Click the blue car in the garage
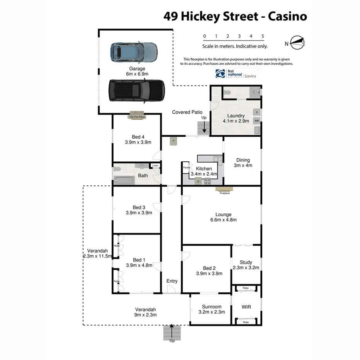(x=134, y=52)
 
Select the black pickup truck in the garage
(x=136, y=90)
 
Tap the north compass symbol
(x=297, y=42)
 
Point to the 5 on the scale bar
(x=263, y=36)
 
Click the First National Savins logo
(x=236, y=74)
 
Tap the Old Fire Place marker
(x=137, y=117)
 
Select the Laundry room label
(x=236, y=116)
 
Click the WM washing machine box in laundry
(x=256, y=121)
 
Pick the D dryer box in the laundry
(x=256, y=112)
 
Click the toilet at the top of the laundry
(x=227, y=92)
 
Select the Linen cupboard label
(x=155, y=166)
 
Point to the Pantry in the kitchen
(x=186, y=168)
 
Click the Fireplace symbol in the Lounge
(x=224, y=189)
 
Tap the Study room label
(x=246, y=262)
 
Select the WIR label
(x=246, y=307)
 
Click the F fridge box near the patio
(x=174, y=141)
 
